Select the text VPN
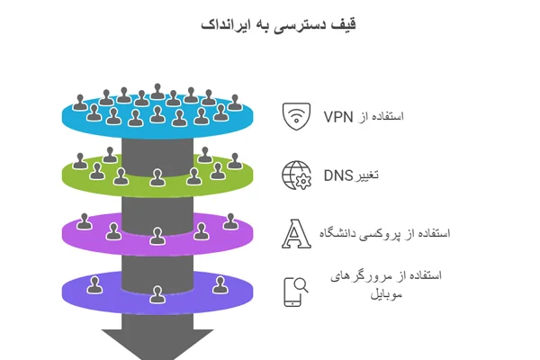tap(339, 117)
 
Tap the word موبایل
tap(384, 294)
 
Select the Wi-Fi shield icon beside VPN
tap(295, 116)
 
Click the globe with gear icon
tap(295, 174)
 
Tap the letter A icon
tap(295, 233)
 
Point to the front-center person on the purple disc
tap(157, 236)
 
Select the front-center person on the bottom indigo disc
tap(157, 294)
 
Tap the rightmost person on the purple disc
tap(231, 221)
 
